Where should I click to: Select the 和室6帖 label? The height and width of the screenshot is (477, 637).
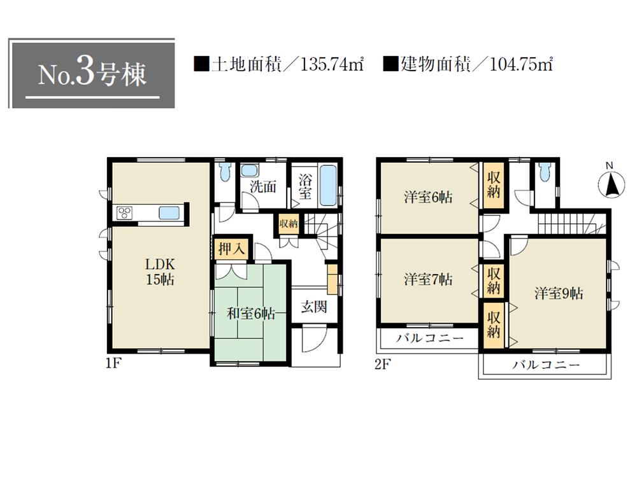252,313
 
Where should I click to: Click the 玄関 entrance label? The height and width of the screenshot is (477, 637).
313,307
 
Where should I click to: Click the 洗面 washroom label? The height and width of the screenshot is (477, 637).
262,187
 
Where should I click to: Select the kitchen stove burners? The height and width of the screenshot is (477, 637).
124,213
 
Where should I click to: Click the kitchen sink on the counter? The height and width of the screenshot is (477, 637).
169,213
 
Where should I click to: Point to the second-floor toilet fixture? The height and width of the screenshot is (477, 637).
543,172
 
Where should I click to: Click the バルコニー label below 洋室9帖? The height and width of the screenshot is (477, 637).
546,365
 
